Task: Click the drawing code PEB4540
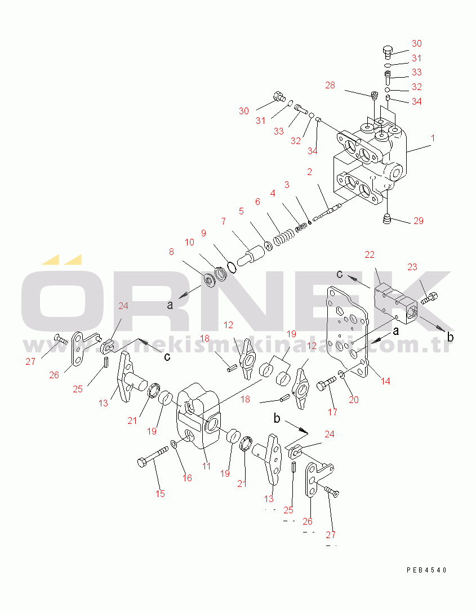tap(427, 570)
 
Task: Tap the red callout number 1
tap(433, 138)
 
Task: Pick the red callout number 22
tap(369, 254)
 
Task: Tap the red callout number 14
tap(385, 381)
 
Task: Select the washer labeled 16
tap(174, 444)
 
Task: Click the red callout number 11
tap(206, 466)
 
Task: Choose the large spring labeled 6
tap(283, 238)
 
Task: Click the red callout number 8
tap(171, 252)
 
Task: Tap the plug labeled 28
tap(374, 95)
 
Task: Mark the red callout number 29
tap(419, 221)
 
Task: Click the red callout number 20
tap(354, 400)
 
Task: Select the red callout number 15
tap(160, 494)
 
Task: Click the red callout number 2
tap(309, 172)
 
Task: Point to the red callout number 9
tap(203, 233)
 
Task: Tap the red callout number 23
tap(412, 267)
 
